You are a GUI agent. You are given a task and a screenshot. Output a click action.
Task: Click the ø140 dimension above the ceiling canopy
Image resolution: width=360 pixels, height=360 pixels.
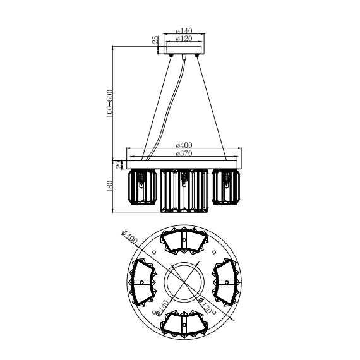coord(184,30)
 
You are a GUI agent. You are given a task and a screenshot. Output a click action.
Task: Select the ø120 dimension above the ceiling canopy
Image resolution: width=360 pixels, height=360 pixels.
coord(184,39)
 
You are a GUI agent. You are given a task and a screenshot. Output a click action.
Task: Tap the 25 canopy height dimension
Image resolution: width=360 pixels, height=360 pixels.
coord(155,40)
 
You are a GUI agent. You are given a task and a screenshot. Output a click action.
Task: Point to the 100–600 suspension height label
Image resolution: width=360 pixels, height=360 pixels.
coord(109,104)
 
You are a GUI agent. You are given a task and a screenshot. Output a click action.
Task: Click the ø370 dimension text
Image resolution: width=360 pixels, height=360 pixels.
coord(184,153)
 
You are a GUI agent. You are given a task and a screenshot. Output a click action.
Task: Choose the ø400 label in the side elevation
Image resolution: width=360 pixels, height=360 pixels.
coord(184,145)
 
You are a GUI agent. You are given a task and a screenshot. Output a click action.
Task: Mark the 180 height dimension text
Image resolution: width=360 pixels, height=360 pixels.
coord(110,186)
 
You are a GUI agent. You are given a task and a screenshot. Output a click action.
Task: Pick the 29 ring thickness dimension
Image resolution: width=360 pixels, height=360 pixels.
coord(119,165)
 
